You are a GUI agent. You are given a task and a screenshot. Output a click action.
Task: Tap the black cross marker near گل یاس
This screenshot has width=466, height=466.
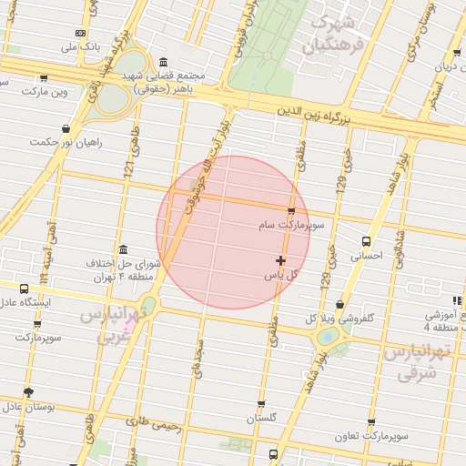point(280,261)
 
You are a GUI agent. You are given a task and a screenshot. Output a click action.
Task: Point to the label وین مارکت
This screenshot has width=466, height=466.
point(48,92)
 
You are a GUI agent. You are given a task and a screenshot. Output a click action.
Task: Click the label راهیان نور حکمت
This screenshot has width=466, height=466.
point(66,142)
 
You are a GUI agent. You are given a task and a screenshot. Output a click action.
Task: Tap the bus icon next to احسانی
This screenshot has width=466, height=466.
point(366,242)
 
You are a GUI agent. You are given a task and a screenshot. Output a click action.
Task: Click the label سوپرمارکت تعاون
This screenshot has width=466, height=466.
point(371,438)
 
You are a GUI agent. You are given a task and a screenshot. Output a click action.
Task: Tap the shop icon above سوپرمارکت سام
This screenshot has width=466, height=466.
point(291,211)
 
